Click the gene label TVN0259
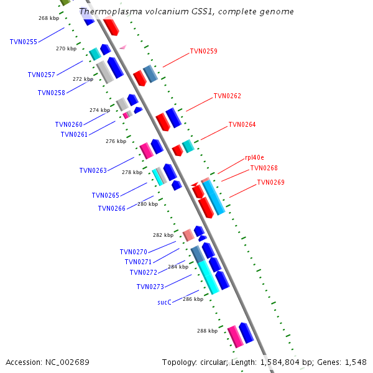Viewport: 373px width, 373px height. click(x=203, y=51)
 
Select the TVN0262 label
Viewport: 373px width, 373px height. click(x=227, y=96)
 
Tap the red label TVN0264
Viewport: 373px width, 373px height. click(x=242, y=124)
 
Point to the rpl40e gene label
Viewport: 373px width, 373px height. click(x=254, y=158)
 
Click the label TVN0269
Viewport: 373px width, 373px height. click(x=270, y=182)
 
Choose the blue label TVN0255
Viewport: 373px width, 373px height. click(x=24, y=42)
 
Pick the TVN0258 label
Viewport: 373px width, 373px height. click(x=51, y=93)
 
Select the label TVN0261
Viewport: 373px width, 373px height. click(x=74, y=134)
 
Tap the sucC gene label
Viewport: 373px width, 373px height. click(x=164, y=302)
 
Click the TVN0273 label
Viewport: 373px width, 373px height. click(x=150, y=287)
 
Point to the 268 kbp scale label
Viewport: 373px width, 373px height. click(x=48, y=18)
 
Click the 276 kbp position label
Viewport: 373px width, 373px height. click(x=116, y=141)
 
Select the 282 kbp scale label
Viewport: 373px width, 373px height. click(x=163, y=235)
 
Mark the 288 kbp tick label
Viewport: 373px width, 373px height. click(x=207, y=331)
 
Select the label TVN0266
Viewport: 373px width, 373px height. click(x=111, y=208)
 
